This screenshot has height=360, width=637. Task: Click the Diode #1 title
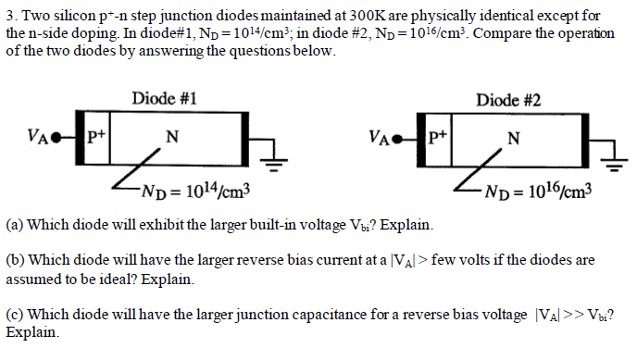[x=163, y=98]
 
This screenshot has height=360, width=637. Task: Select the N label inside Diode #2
[x=514, y=138]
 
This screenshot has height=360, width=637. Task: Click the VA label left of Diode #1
[x=38, y=143]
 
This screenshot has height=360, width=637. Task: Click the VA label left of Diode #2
[x=380, y=143]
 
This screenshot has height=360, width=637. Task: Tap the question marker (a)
[x=15, y=225]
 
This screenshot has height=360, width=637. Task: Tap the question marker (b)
[x=15, y=261]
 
